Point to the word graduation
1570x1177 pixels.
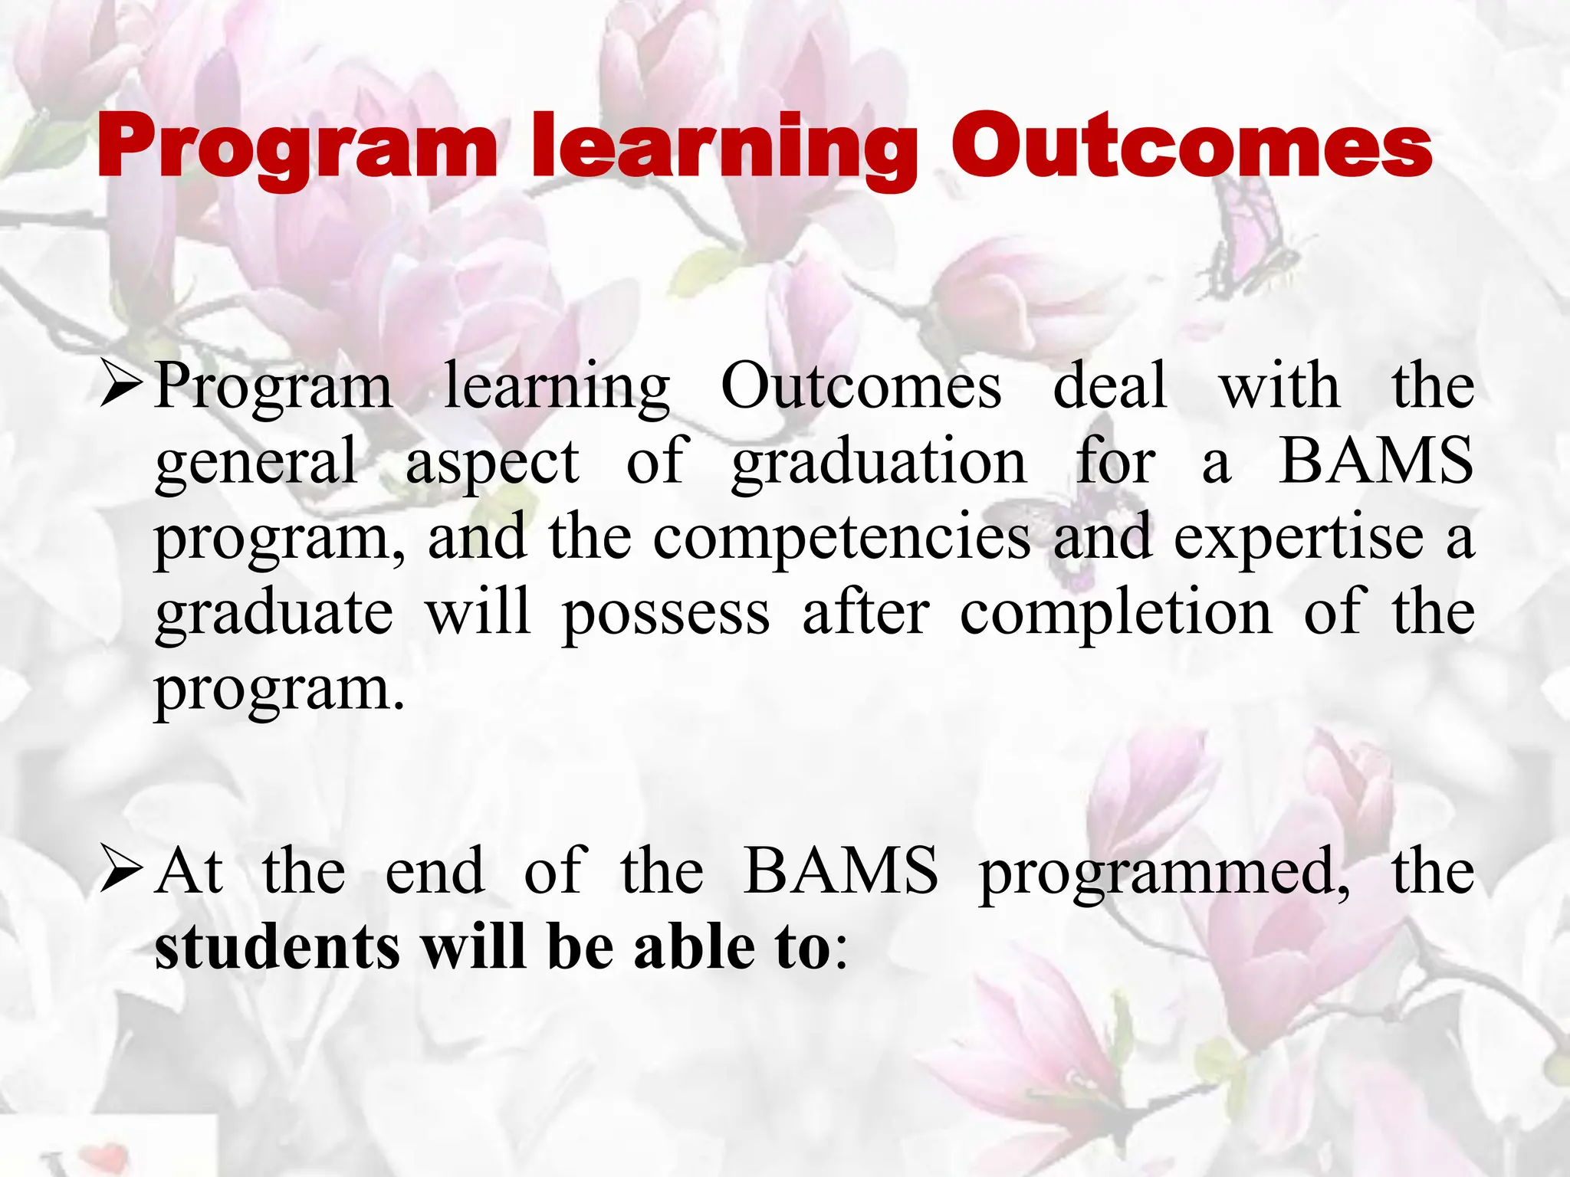click(879, 462)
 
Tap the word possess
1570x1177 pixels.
click(665, 614)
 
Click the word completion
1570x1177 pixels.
click(1115, 614)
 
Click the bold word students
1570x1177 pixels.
click(277, 947)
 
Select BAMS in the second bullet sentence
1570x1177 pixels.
click(840, 871)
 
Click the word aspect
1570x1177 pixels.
click(492, 462)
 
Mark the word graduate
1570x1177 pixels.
click(274, 614)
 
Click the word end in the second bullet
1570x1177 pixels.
click(434, 871)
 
